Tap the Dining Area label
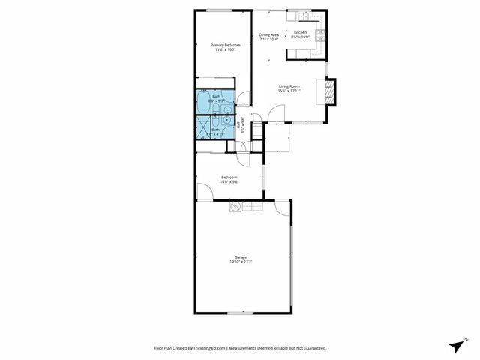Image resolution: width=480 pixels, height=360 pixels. [x=269, y=34]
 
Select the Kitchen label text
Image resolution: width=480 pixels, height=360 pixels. [x=300, y=33]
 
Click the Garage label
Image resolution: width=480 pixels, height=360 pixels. [x=241, y=257]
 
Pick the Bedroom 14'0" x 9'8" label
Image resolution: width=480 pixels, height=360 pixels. [x=229, y=179]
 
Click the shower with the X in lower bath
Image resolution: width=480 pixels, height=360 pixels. [x=205, y=127]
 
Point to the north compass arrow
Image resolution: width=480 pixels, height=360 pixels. [x=457, y=344]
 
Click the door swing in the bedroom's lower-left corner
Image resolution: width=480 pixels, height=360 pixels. [x=204, y=193]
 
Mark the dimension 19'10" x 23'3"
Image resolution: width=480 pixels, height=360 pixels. [x=241, y=262]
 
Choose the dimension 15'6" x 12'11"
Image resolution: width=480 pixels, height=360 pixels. [x=289, y=91]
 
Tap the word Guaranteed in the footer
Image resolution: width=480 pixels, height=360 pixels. [x=311, y=348]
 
